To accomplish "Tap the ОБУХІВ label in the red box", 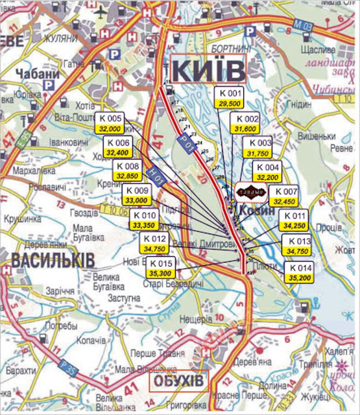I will (178, 380).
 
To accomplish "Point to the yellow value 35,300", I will (160, 273).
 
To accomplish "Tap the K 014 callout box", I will (300, 272).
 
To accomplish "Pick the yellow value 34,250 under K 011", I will (294, 226).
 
